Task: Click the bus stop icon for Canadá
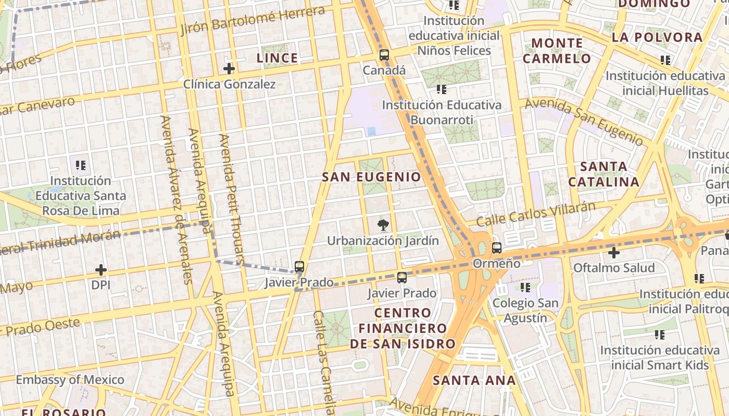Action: pos(384,55)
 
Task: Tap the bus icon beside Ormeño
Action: pos(496,248)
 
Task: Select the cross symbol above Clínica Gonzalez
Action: pos(229,69)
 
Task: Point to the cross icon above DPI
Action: pos(101,270)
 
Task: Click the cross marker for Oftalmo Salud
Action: pos(614,253)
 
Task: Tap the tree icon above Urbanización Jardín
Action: pos(383,225)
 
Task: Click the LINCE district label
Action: pos(278,58)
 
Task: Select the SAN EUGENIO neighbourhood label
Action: pos(371,177)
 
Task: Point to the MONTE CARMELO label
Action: pos(557,50)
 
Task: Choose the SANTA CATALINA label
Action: pos(604,174)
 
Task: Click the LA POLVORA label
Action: pos(657,37)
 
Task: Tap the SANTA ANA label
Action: pos(474,380)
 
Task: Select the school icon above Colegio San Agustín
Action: pos(525,287)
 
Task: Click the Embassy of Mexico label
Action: pos(70,380)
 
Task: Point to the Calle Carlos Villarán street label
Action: pos(536,214)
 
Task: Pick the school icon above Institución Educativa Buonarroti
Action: pos(442,89)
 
